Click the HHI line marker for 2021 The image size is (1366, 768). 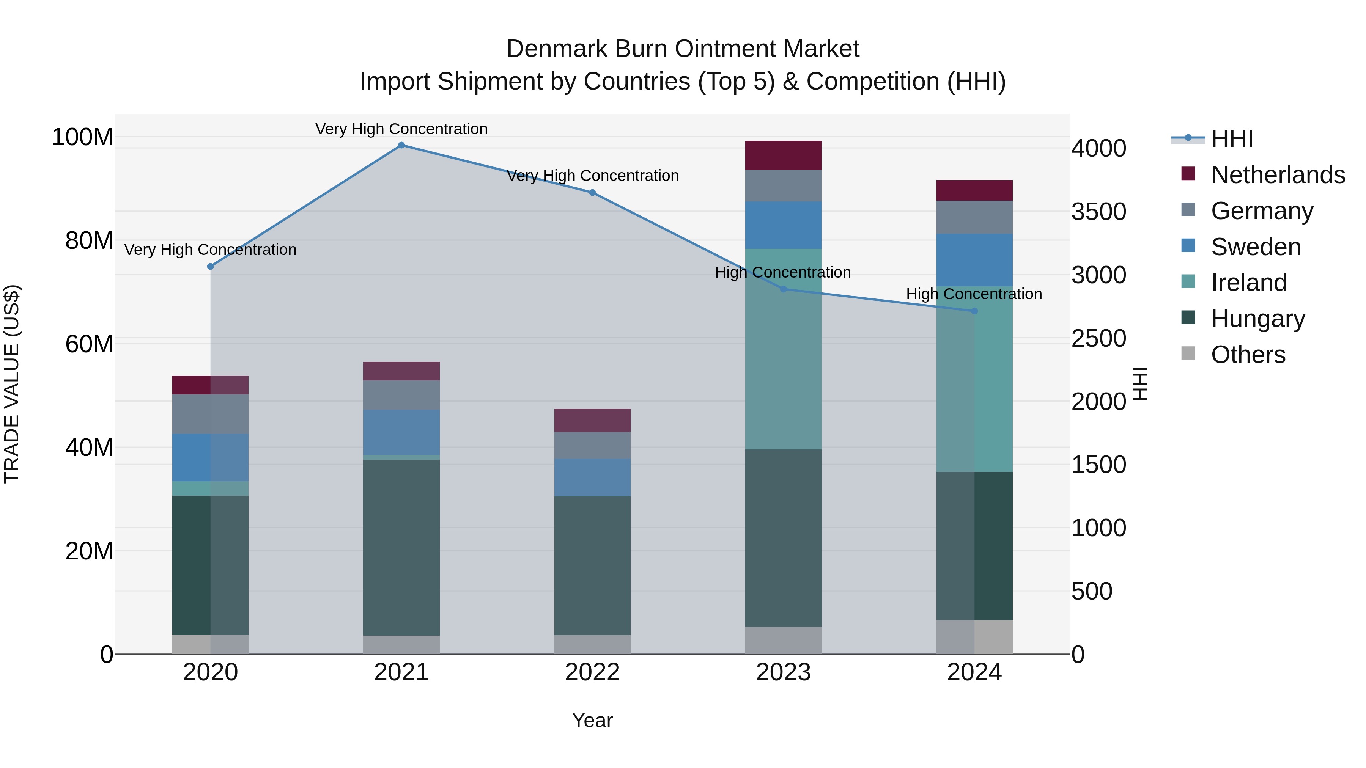[401, 145]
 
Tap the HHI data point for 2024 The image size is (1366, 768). [974, 311]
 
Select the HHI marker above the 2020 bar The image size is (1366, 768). [211, 267]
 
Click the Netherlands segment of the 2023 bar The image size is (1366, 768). [783, 155]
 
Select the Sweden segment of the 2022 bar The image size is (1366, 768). [592, 477]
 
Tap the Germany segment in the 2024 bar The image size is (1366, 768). [974, 217]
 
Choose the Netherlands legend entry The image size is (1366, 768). [1278, 175]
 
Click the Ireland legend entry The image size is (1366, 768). [1248, 283]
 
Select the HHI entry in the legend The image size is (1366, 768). [1231, 139]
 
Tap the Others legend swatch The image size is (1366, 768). [1188, 353]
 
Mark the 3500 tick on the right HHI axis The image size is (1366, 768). [1099, 212]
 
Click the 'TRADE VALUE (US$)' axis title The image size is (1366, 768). [12, 384]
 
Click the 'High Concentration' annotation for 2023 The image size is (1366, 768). [783, 272]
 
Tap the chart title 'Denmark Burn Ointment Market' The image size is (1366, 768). [683, 49]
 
